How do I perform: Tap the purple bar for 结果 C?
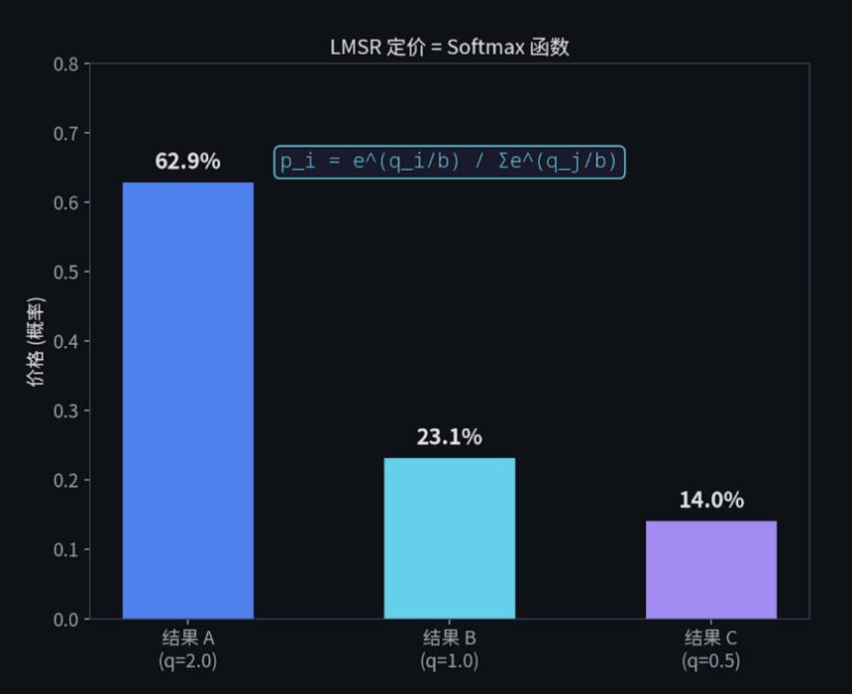pos(711,570)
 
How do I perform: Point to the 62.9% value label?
pos(188,161)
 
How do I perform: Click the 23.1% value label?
pos(450,436)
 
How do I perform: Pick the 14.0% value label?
pos(711,500)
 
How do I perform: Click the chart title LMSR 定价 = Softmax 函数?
pos(450,47)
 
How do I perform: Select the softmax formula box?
pos(450,162)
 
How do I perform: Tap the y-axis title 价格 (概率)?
pos(36,341)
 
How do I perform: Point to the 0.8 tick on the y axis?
pos(65,64)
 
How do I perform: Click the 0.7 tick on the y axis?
pos(65,133)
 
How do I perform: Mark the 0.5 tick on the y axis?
pos(65,272)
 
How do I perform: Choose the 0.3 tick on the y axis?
pos(65,410)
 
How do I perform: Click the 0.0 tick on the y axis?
pos(65,620)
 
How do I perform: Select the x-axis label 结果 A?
pos(188,637)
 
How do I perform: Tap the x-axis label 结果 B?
pos(450,637)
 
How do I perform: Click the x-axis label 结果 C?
pos(711,637)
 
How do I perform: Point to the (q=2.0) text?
pos(188,659)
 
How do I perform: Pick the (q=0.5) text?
pos(711,659)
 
